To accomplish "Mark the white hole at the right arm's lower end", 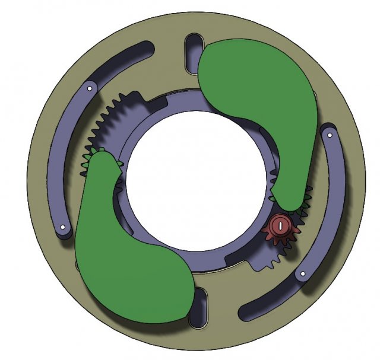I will pyautogui.click(x=302, y=275).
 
